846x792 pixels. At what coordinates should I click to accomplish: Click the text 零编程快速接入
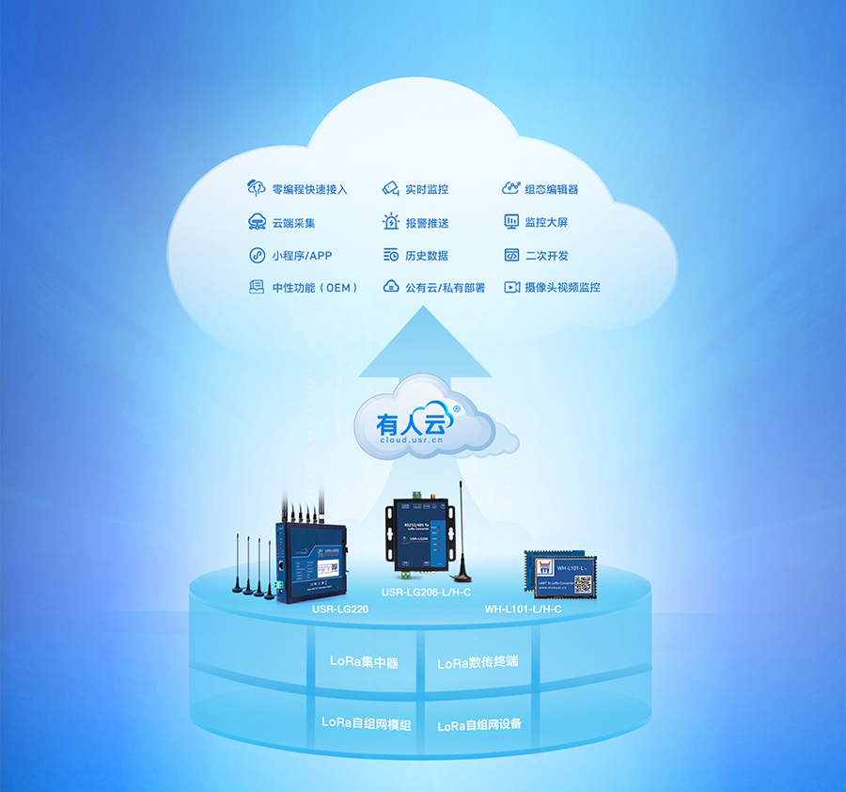tap(309, 189)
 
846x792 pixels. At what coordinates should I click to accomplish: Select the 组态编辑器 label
tap(551, 189)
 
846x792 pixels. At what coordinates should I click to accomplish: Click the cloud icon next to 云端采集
tap(257, 223)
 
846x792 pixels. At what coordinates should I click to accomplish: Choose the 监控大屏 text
tap(546, 223)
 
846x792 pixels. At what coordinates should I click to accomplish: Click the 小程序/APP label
tap(302, 256)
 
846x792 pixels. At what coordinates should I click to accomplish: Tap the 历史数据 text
tap(426, 256)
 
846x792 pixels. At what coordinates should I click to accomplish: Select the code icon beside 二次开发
tap(511, 255)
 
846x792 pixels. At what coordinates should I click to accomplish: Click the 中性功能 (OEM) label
tap(315, 288)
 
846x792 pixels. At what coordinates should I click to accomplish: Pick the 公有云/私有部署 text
tap(445, 288)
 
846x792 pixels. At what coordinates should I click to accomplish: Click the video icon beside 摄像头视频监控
tap(511, 287)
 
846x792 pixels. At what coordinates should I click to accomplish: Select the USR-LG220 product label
tap(340, 610)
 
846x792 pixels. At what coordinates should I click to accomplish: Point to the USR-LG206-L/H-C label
tap(426, 593)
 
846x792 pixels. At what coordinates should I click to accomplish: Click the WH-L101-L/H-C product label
tap(523, 610)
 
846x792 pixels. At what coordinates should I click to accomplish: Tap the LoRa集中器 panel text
tap(364, 662)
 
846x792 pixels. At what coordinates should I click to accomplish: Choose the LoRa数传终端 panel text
tap(478, 663)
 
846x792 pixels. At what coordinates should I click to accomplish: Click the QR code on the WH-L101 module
tap(582, 583)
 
